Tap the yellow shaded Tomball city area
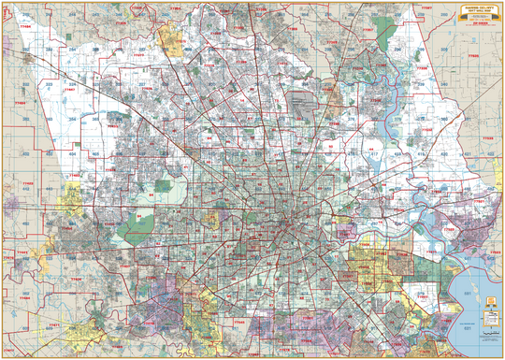click(x=171, y=37)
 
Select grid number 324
click(x=48, y=84)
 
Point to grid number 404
click(x=72, y=152)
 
